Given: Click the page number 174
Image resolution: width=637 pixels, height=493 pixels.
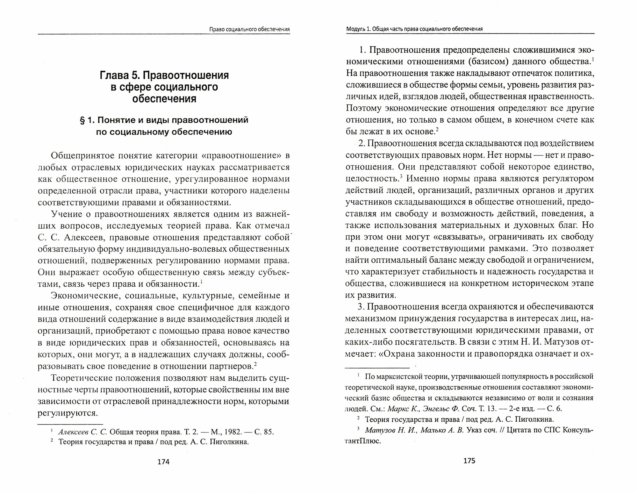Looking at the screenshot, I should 164,462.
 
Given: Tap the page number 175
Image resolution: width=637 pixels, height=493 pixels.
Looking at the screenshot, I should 469,460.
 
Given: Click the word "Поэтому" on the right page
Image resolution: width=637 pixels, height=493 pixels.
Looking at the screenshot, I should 363,108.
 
